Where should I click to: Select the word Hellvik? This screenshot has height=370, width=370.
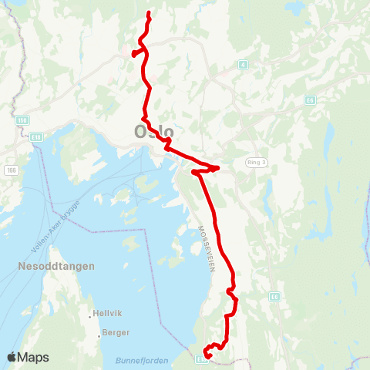coord(107,313)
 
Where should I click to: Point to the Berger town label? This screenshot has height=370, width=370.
coord(116,333)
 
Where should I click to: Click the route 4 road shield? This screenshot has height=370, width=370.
coord(242,65)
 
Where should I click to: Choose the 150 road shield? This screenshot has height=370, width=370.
coord(22,120)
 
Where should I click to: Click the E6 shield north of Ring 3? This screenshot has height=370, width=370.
coord(309,99)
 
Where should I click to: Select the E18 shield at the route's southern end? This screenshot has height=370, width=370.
coord(202,358)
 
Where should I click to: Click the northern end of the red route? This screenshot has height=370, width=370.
coord(147,14)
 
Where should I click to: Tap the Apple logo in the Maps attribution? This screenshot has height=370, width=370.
coord(12,357)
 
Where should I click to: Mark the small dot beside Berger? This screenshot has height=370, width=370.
coord(100,336)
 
